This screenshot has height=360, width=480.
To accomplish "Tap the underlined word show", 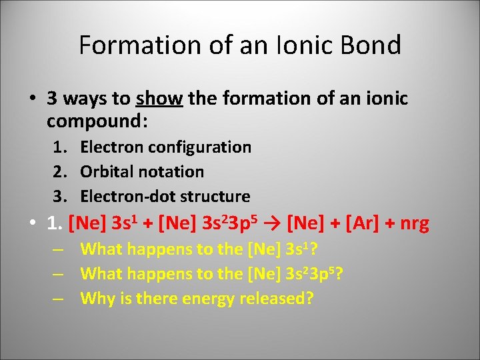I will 159,99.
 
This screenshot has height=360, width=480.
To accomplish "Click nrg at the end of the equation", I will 414,223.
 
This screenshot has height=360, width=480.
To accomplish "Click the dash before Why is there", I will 59,298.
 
